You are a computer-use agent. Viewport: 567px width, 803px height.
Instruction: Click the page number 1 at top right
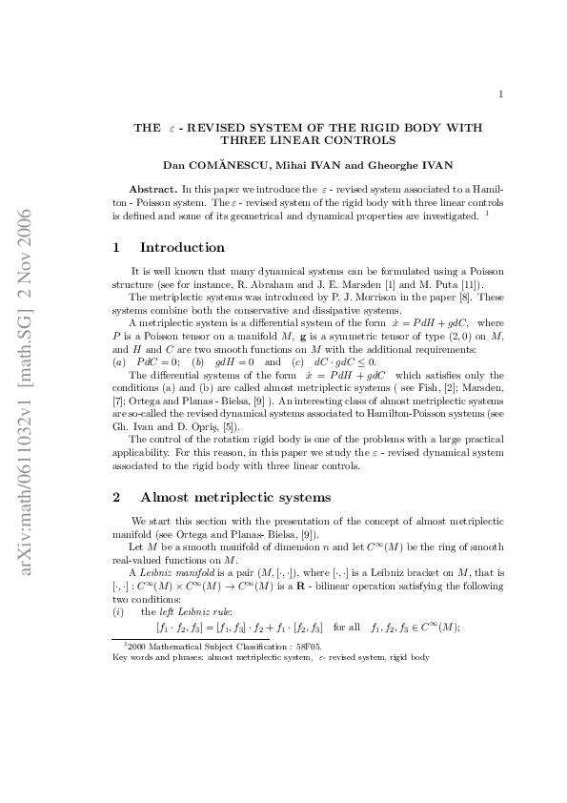[x=500, y=93]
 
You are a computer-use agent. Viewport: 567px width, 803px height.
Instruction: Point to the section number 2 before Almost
[x=116, y=497]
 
